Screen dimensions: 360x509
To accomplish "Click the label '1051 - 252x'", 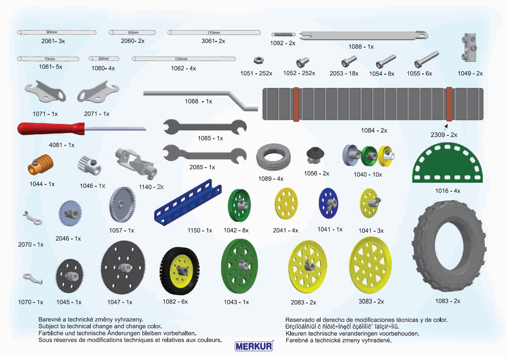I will [256, 73].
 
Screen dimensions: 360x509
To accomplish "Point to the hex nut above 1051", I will [257, 60].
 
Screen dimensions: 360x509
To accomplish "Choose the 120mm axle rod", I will [184, 59].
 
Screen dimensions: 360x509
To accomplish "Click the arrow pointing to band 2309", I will [446, 127].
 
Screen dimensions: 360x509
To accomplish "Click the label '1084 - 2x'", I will [374, 131].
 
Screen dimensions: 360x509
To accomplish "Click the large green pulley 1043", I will [240, 266].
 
